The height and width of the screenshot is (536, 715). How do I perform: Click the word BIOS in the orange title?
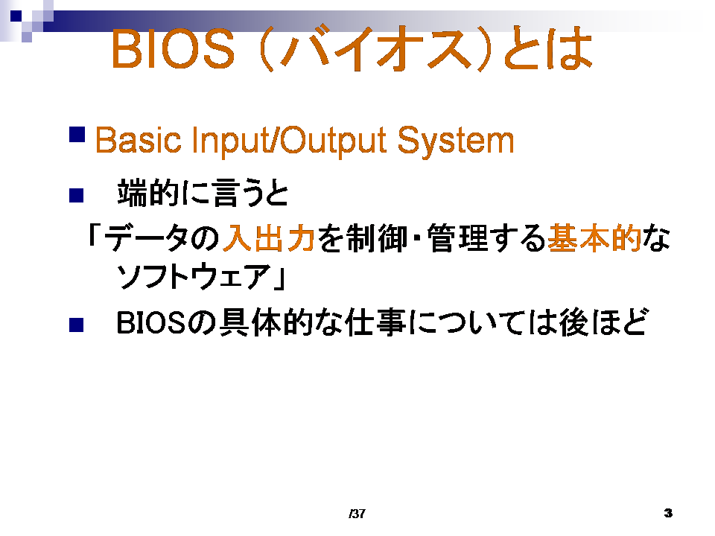coord(173,49)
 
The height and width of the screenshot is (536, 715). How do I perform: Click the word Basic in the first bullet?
coord(139,141)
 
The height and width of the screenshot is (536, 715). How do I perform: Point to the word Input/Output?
coord(289,141)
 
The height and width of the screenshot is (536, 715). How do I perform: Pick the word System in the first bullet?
coord(456,141)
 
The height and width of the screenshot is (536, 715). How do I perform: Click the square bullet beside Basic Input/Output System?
coord(77,135)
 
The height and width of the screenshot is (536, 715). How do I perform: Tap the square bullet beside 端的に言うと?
coord(76,195)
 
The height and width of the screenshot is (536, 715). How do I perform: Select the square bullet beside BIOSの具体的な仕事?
coord(76,325)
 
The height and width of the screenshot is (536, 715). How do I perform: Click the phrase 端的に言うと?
coord(203,193)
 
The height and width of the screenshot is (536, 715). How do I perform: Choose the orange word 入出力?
coord(269,238)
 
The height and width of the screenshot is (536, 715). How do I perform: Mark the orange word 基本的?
coord(594,238)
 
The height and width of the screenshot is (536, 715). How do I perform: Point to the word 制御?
coord(377,238)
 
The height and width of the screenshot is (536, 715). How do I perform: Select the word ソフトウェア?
coord(194,276)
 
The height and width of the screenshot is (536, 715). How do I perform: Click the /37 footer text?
coord(357,514)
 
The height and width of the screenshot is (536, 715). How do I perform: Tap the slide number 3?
coord(669,513)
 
